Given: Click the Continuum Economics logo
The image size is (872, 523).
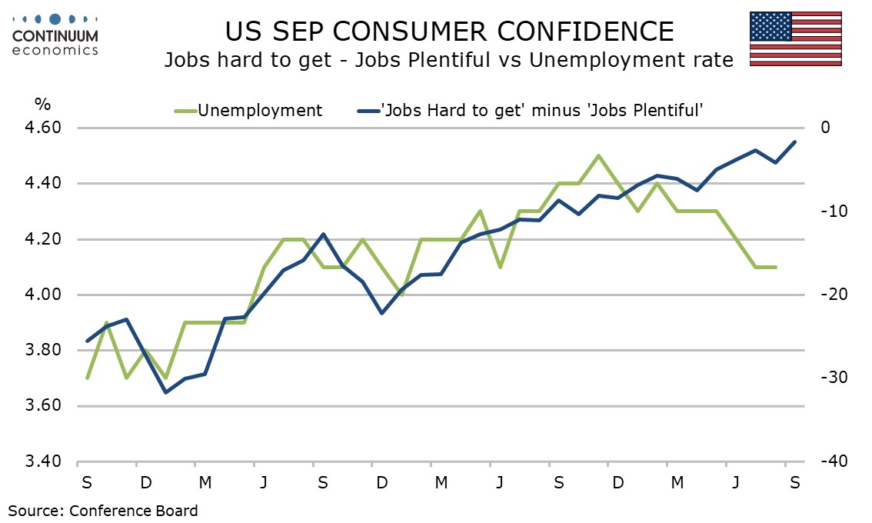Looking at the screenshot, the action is point(55,35).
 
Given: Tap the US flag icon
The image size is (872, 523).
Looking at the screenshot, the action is point(795,38).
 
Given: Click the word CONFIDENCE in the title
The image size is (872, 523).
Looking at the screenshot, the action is point(586,32).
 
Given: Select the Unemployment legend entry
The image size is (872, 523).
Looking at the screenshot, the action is point(248,110).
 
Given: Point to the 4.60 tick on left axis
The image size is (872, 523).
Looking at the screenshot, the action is point(43,128).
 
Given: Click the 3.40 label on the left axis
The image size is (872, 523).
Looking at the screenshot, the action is point(43,461).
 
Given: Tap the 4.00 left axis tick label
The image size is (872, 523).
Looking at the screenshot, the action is point(43,295).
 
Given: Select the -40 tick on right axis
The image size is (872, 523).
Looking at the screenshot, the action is point(834,461).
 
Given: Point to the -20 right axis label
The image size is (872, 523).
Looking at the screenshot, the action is point(834,295).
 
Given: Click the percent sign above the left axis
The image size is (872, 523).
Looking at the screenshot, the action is point(43,104).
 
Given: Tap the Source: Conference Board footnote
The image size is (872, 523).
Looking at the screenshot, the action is point(103,511).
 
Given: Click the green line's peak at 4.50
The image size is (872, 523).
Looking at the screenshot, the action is point(598,155).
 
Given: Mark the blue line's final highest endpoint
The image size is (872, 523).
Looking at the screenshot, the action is point(795,142).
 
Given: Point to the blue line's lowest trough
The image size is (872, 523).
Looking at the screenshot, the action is point(165,392).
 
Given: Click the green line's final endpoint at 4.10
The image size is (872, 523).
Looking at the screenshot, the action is point(776,267).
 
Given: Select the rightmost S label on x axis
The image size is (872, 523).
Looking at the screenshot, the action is point(795,482).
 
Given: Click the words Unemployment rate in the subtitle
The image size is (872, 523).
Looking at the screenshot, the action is point(631,59).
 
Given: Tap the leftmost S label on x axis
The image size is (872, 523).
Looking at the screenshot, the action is point(87,482).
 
